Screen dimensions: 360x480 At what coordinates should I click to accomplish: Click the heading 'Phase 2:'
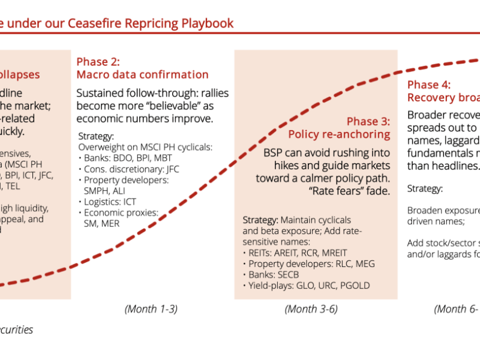point(98,61)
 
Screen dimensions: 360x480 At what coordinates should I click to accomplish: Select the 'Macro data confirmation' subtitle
point(142,75)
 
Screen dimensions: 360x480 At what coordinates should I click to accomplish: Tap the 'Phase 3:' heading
point(368,121)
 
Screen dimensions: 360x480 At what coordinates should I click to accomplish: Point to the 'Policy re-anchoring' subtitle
point(339,134)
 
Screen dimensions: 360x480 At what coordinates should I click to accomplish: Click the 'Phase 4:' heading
point(429,85)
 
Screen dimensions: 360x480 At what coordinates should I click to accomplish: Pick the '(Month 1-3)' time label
point(151,309)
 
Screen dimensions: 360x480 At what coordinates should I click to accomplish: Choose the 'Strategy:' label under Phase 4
point(425,188)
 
